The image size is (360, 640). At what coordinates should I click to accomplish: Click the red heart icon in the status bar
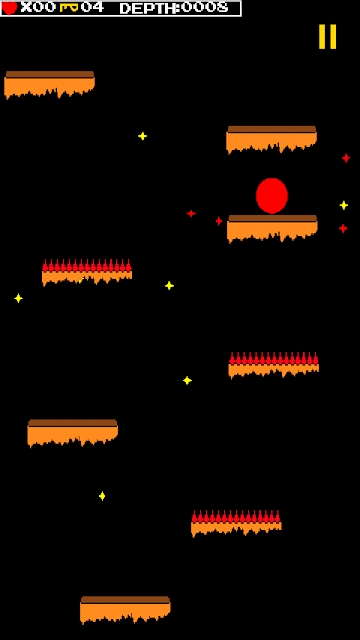[9, 7]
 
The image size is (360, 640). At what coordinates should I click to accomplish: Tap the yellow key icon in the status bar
[69, 7]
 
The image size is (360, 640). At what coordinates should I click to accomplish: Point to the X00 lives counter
[38, 7]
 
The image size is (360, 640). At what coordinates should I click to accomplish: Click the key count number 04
[92, 7]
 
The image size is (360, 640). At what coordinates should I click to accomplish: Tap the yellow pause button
[327, 37]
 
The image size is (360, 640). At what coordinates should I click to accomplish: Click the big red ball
[272, 196]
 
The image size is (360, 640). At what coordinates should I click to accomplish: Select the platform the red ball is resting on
[272, 228]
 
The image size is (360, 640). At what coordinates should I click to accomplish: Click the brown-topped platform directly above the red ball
[271, 139]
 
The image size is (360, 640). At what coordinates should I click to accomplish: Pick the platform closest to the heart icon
[49, 84]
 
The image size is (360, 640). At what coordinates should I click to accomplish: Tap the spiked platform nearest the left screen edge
[87, 272]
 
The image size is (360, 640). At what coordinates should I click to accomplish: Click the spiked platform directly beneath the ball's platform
[273, 365]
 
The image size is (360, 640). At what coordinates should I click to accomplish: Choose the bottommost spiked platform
[236, 523]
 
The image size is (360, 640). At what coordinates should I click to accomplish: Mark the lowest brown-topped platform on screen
[125, 610]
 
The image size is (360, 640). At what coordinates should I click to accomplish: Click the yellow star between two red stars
[344, 205]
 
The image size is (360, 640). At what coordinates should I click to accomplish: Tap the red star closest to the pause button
[346, 158]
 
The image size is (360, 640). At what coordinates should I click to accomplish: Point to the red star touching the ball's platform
[219, 221]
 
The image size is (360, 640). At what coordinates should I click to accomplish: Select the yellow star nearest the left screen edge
[18, 298]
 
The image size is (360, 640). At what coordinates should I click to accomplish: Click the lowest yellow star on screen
[102, 496]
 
